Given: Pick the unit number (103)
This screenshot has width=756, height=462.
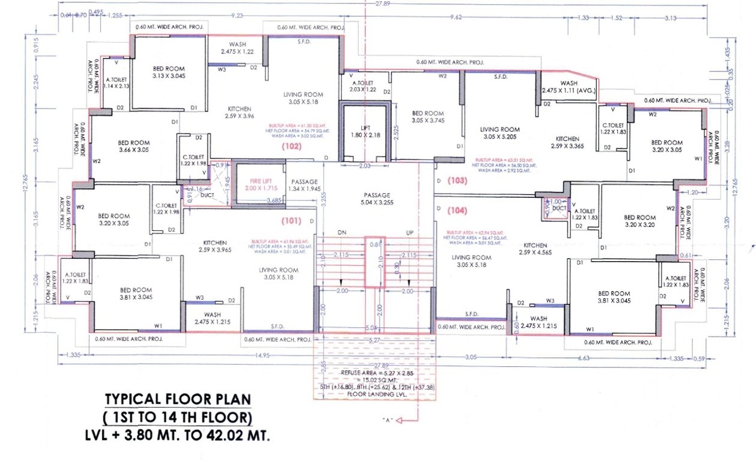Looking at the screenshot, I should click(x=457, y=180).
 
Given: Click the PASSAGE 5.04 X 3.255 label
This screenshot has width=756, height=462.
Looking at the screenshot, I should click(x=377, y=199).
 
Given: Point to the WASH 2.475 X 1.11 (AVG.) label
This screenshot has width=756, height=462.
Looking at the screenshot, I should click(x=569, y=87).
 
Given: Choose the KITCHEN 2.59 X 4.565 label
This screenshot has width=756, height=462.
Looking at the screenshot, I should click(x=535, y=250).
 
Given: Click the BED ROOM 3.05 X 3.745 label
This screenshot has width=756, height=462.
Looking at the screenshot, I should click(x=427, y=117).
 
